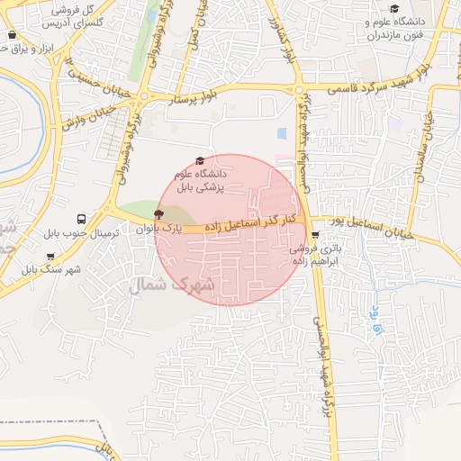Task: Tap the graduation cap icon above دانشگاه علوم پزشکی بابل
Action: [199, 159]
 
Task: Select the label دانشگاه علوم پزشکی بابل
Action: [203, 179]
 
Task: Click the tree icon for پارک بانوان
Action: [159, 213]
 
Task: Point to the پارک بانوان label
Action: [159, 230]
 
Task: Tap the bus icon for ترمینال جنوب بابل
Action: [82, 219]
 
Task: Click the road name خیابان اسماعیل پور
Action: [369, 228]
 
